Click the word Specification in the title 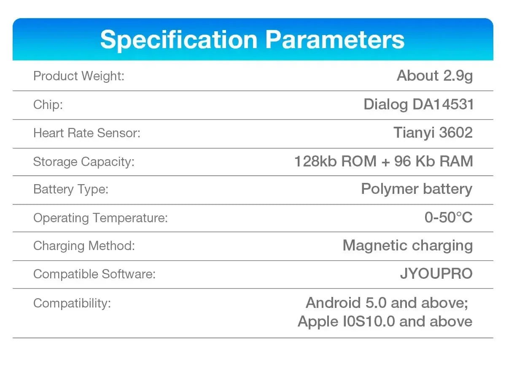179,41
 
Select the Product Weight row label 79,76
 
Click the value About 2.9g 435,76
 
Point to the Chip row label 48,105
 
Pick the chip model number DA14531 443,104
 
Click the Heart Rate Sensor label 87,133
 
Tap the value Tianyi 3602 433,133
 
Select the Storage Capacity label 84,162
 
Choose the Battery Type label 71,189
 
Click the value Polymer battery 417,189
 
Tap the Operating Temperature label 100,218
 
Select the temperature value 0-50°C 448,218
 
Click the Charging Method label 84,246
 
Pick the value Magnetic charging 408,246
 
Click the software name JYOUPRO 436,274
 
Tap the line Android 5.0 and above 387,303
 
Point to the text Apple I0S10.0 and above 385,321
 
